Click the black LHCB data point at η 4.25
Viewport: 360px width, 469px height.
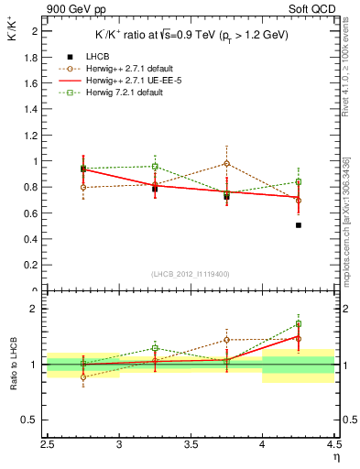point(299,224)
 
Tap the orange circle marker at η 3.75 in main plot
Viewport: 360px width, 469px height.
point(227,163)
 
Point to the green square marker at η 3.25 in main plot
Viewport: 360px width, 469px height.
point(155,167)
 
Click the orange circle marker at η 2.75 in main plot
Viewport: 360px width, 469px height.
point(83,188)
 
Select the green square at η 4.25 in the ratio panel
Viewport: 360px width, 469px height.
point(299,323)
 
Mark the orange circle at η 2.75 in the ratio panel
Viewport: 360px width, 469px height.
point(83,376)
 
